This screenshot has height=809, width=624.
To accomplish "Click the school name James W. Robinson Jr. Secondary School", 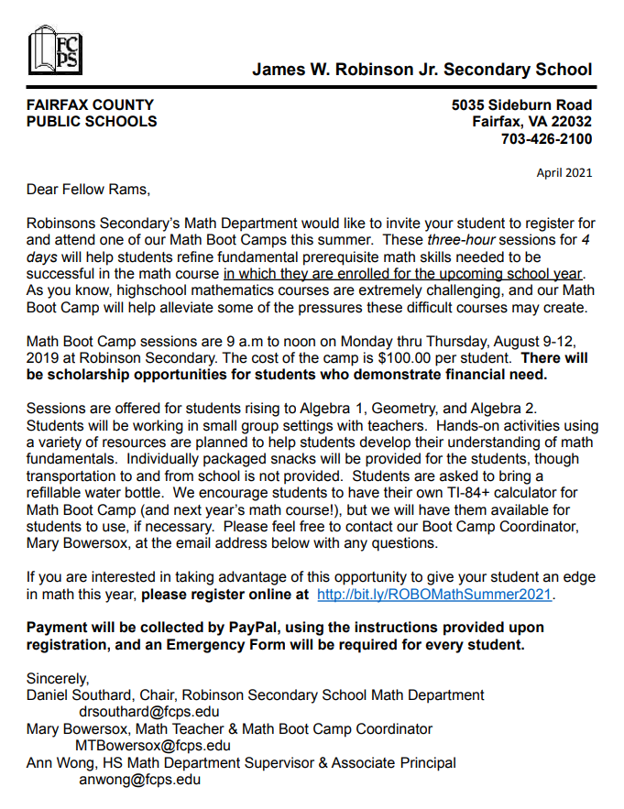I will click(x=422, y=70).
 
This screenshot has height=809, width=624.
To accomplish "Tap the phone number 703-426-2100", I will click(x=546, y=139).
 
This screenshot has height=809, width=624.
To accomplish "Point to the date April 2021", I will click(x=564, y=172).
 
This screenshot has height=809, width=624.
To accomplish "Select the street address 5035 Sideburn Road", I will click(x=521, y=104).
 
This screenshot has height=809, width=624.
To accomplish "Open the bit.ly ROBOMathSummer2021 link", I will click(x=434, y=595).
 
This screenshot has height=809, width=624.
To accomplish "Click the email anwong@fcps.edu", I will click(x=139, y=780).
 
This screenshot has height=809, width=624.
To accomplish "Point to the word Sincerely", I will click(x=58, y=679).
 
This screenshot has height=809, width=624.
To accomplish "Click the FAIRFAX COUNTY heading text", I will click(x=90, y=104).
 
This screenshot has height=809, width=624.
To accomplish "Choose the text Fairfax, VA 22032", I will click(x=531, y=122).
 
